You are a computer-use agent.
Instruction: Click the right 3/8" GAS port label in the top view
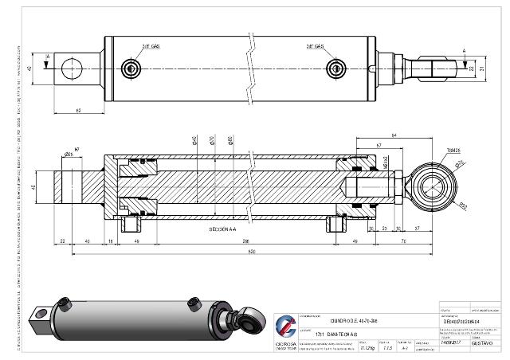pos(314,47)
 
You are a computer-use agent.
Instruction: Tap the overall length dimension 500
pos(250,252)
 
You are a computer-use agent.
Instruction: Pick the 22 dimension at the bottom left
pos(62,241)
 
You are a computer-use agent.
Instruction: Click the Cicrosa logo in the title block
pos(284,327)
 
